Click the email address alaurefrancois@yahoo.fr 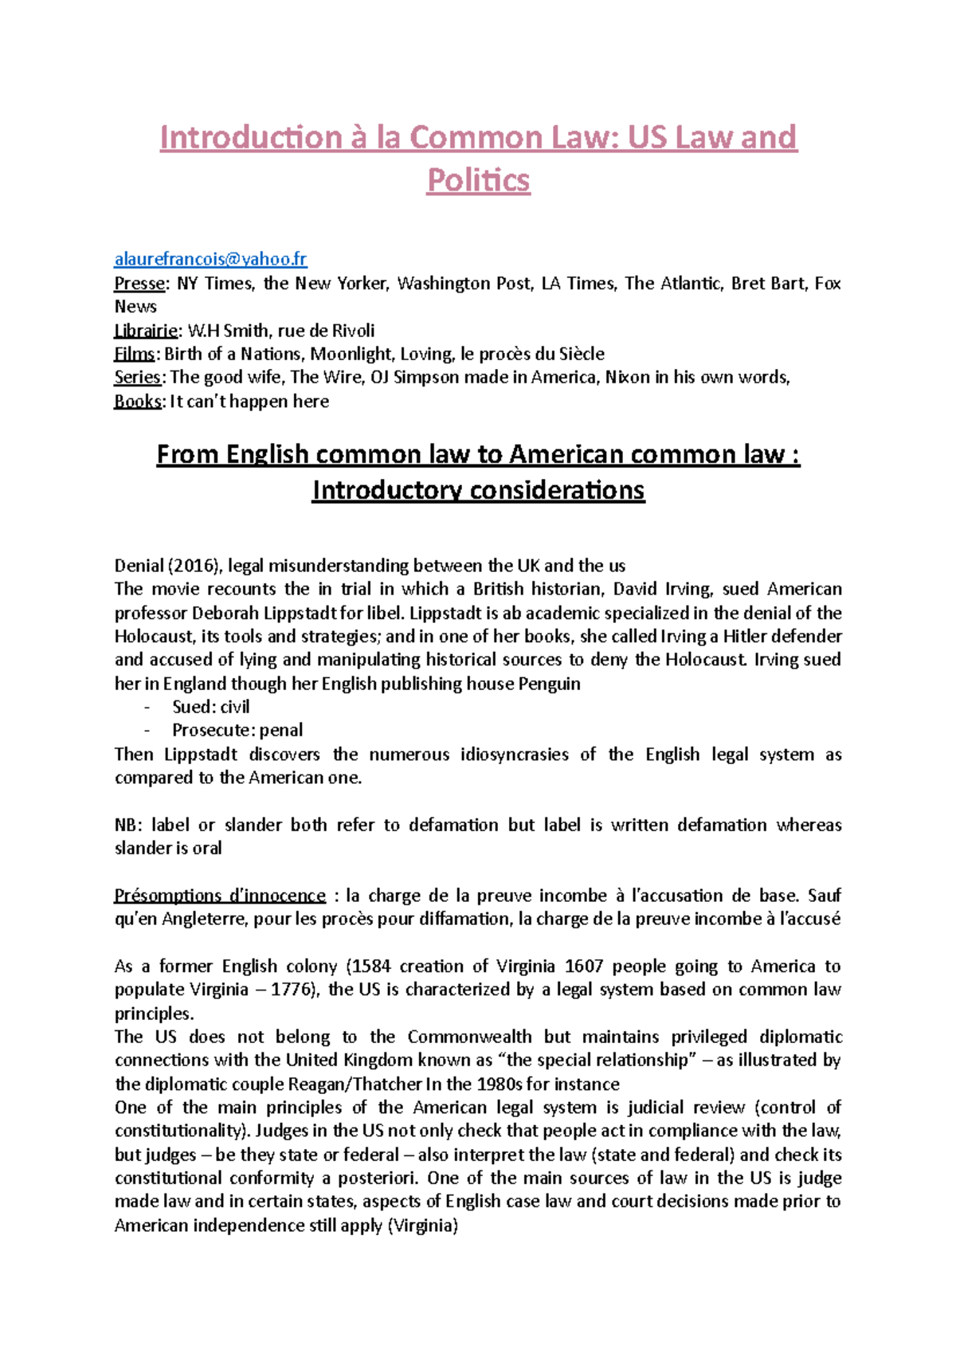click(x=210, y=259)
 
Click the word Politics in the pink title click(x=478, y=180)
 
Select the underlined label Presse click(x=139, y=283)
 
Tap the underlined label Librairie click(x=146, y=331)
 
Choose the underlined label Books click(x=138, y=401)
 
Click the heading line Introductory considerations click(x=478, y=490)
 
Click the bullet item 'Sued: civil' click(x=210, y=707)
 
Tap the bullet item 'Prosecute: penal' click(x=237, y=730)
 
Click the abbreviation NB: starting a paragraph click(x=128, y=825)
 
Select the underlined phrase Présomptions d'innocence click(x=220, y=896)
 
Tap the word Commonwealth click(x=469, y=1037)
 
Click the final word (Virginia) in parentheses click(x=422, y=1226)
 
